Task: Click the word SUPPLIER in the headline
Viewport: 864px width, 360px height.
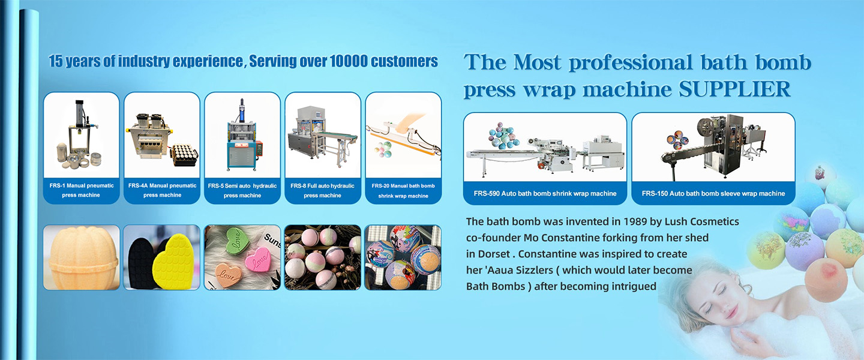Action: pos(734,89)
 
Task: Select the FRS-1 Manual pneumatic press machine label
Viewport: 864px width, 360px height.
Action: pos(82,190)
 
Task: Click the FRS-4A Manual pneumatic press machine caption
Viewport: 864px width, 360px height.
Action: pos(162,190)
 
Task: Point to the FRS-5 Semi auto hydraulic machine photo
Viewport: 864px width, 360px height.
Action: pos(242,134)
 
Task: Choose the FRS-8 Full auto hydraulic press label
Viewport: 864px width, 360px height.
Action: pos(322,191)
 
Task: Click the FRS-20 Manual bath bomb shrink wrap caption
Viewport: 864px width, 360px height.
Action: pos(403,191)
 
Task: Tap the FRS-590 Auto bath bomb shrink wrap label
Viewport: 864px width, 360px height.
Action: pos(545,193)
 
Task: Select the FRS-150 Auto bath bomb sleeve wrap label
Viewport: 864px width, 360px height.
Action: pos(713,193)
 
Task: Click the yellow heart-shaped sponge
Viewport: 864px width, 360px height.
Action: pos(173,262)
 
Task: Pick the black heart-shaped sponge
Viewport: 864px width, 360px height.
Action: pos(143,262)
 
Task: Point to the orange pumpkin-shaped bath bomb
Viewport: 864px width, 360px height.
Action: pos(81,258)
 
